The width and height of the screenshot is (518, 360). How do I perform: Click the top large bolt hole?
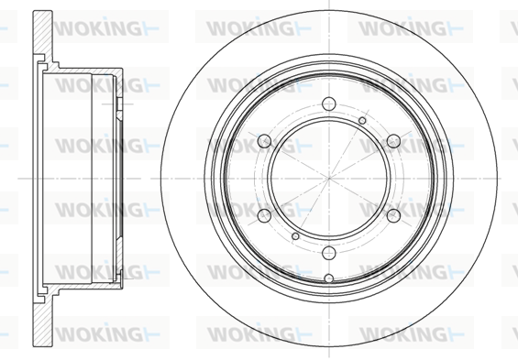(x=329, y=104)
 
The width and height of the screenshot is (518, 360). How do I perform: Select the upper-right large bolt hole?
(x=393, y=141)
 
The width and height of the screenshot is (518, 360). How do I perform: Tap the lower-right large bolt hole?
(x=393, y=216)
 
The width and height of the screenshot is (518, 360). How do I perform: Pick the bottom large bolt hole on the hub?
(x=329, y=253)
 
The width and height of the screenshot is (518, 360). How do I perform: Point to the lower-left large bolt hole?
(x=264, y=216)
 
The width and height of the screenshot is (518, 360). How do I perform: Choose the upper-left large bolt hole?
(x=264, y=141)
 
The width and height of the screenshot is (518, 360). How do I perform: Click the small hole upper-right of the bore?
(x=362, y=120)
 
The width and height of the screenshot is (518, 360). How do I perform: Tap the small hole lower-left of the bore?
(x=295, y=236)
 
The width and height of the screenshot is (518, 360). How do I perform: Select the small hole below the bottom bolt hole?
(x=329, y=278)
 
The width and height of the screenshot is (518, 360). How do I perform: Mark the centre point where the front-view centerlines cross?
(x=329, y=179)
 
